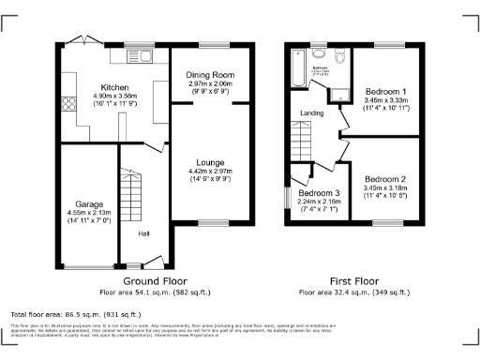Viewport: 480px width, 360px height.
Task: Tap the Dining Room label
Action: [x=210, y=74]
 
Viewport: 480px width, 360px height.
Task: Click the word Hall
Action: [x=145, y=234]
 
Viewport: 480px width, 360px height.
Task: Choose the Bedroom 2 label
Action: [x=385, y=178]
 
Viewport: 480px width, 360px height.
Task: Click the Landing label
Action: [x=311, y=114]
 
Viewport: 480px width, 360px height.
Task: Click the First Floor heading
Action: [x=353, y=280]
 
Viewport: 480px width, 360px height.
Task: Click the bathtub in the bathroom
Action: [x=298, y=67]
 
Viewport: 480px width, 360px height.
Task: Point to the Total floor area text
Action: [x=75, y=314]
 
